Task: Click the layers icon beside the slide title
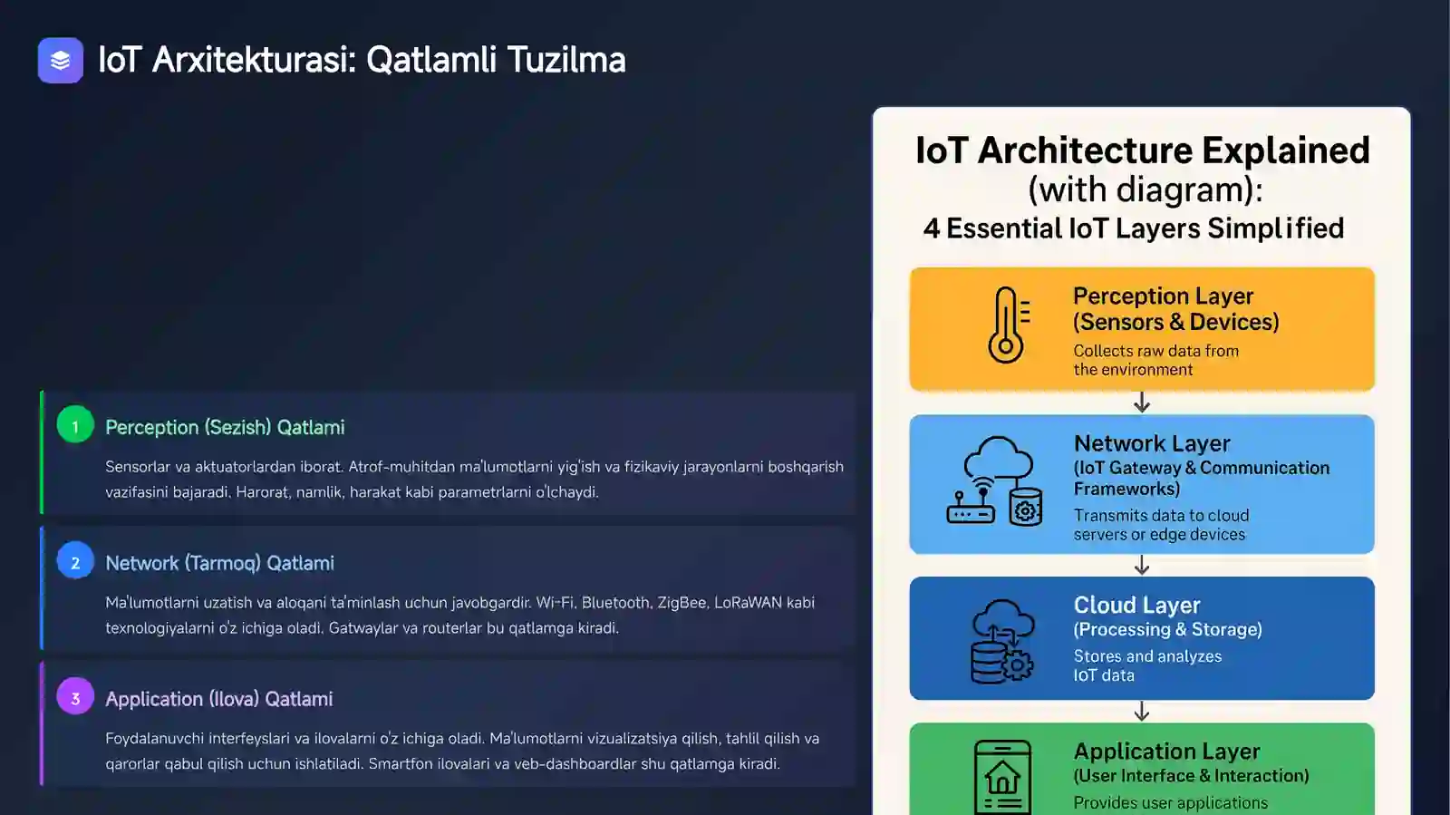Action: tap(60, 60)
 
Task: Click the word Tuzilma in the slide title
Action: tap(565, 60)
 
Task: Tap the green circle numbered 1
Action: tap(75, 425)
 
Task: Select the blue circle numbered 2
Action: tap(75, 562)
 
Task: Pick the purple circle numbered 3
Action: tap(75, 697)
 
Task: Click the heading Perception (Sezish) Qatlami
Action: tap(225, 427)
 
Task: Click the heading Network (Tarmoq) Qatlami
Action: tap(219, 563)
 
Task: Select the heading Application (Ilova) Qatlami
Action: tap(218, 699)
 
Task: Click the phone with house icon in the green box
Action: tap(1002, 777)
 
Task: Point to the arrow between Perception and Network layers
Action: tap(1142, 403)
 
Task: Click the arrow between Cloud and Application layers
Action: tap(1142, 712)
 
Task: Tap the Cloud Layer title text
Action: tap(1136, 605)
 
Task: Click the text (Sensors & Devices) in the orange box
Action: tap(1175, 322)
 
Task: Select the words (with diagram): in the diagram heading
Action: tap(1145, 189)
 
